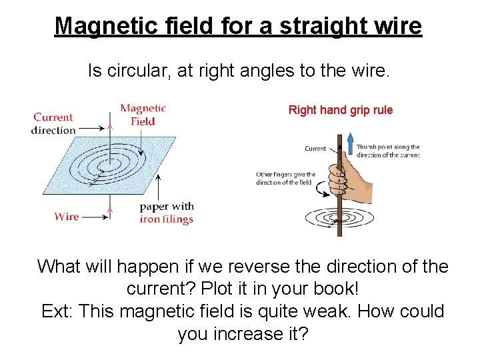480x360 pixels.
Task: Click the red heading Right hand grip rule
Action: (x=340, y=110)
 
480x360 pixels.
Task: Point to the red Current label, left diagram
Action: (x=53, y=117)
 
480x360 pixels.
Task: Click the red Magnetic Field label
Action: (x=143, y=115)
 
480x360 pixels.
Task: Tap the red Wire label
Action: (x=67, y=216)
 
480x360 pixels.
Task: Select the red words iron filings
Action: (x=166, y=219)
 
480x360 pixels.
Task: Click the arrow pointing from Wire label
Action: (x=95, y=216)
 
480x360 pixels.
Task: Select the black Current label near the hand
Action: (x=315, y=149)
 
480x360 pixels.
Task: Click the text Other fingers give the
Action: (x=285, y=175)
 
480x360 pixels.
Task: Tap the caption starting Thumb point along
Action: (x=387, y=147)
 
